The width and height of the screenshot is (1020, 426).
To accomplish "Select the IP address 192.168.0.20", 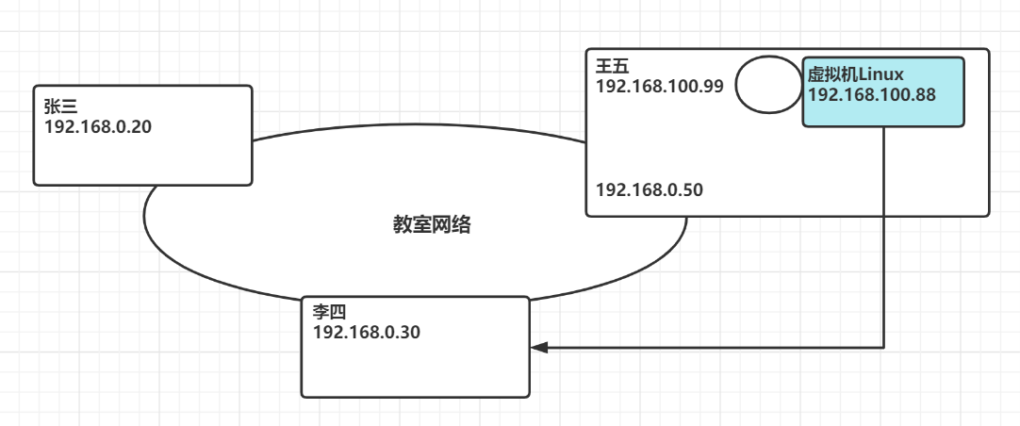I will coord(97,125).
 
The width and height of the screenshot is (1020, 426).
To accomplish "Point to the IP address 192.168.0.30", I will coord(367,333).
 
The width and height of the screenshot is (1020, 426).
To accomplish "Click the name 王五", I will coord(612,67).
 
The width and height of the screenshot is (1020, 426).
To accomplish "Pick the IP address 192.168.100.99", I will coord(659,86).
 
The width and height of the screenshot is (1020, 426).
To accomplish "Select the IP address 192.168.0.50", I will coord(650,189).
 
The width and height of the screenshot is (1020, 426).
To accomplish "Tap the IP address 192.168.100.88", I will coord(871,95).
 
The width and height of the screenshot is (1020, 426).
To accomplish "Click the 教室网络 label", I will coord(432,224).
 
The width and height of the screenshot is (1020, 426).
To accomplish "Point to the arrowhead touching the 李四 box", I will coord(538,348).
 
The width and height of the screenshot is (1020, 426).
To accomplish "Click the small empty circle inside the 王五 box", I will coord(767,85).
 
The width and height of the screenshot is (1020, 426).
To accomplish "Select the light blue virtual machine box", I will coord(883,113).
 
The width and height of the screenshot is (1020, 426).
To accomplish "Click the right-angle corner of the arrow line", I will coord(883,348).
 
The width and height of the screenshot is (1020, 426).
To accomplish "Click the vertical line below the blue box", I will coord(883,236).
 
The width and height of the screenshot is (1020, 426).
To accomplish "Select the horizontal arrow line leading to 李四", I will coord(716,348).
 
